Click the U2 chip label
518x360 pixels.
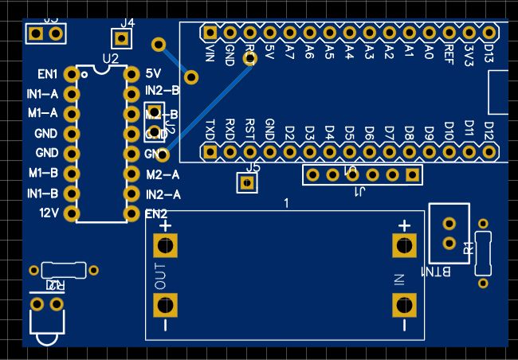pyautogui.click(x=110, y=59)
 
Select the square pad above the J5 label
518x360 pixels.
pyautogui.click(x=247, y=183)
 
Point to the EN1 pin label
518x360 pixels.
pyautogui.click(x=48, y=74)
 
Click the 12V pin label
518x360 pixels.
pyautogui.click(x=49, y=213)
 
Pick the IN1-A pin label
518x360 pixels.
pyautogui.click(x=42, y=94)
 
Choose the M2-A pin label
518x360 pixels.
pyautogui.click(x=163, y=174)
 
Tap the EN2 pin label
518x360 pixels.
pyautogui.click(x=156, y=213)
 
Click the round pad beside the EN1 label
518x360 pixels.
pyautogui.click(x=72, y=74)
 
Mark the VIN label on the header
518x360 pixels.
pyautogui.click(x=210, y=53)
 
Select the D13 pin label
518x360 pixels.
pyautogui.click(x=489, y=54)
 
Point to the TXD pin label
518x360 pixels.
pyautogui.click(x=210, y=129)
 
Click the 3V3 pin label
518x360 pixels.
pyautogui.click(x=469, y=54)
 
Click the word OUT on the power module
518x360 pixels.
pyautogui.click(x=159, y=276)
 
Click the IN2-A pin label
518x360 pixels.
pyautogui.click(x=163, y=194)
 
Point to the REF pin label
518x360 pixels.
pyautogui.click(x=449, y=53)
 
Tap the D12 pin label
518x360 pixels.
pyautogui.click(x=489, y=129)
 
